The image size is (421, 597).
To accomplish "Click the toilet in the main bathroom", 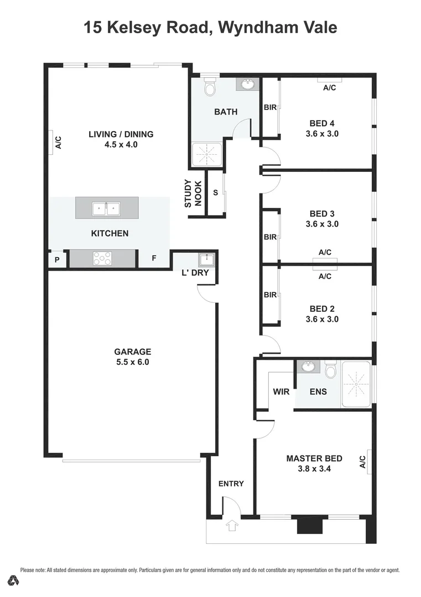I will click(x=210, y=87).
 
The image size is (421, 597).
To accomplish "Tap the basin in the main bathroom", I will click(x=247, y=84).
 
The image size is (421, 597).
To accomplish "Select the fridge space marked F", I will click(x=154, y=259).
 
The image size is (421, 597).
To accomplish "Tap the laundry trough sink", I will click(x=206, y=259).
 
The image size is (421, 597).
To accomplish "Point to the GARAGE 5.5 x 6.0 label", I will click(x=132, y=357).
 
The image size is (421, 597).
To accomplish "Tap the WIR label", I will click(x=281, y=392).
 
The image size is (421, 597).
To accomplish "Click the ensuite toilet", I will click(x=331, y=370).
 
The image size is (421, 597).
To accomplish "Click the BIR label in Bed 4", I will click(x=270, y=108).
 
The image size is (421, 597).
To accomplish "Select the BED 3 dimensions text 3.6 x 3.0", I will click(x=321, y=224).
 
